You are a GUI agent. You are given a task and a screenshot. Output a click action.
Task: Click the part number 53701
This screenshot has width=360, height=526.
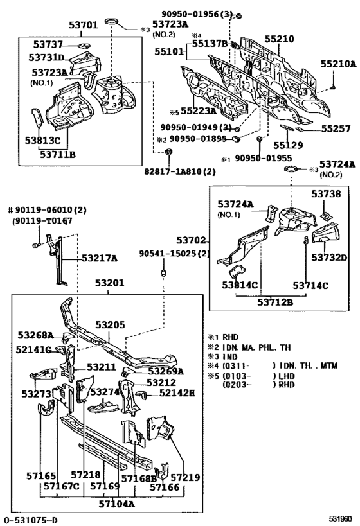(x=84, y=25)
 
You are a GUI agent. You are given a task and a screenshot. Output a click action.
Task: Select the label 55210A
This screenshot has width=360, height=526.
(x=338, y=64)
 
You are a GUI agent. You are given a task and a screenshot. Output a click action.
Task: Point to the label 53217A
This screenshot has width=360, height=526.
(x=100, y=258)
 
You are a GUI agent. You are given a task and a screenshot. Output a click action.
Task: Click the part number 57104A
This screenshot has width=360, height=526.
(x=116, y=504)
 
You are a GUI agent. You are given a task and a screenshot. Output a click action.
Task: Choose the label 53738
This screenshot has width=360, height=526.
(x=326, y=194)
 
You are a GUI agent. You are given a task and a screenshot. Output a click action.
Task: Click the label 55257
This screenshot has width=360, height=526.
(x=336, y=129)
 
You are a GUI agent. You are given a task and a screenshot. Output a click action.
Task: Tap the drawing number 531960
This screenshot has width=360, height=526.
(x=340, y=519)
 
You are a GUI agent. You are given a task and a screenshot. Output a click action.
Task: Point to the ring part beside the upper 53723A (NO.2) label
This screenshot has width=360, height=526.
(x=111, y=22)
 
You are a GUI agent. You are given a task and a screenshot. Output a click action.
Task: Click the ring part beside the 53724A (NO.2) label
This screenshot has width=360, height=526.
(x=291, y=169)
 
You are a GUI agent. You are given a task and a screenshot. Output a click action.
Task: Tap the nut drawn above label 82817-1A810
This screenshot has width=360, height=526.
(x=168, y=152)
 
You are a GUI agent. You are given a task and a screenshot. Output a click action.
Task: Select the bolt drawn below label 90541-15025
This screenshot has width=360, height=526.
(x=163, y=272)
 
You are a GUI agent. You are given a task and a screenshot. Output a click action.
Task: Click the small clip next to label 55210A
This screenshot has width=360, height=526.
(x=333, y=87)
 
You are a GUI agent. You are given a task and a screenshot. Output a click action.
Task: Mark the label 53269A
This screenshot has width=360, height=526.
(x=166, y=371)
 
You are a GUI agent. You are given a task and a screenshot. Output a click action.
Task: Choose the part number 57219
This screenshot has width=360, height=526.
(x=185, y=478)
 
